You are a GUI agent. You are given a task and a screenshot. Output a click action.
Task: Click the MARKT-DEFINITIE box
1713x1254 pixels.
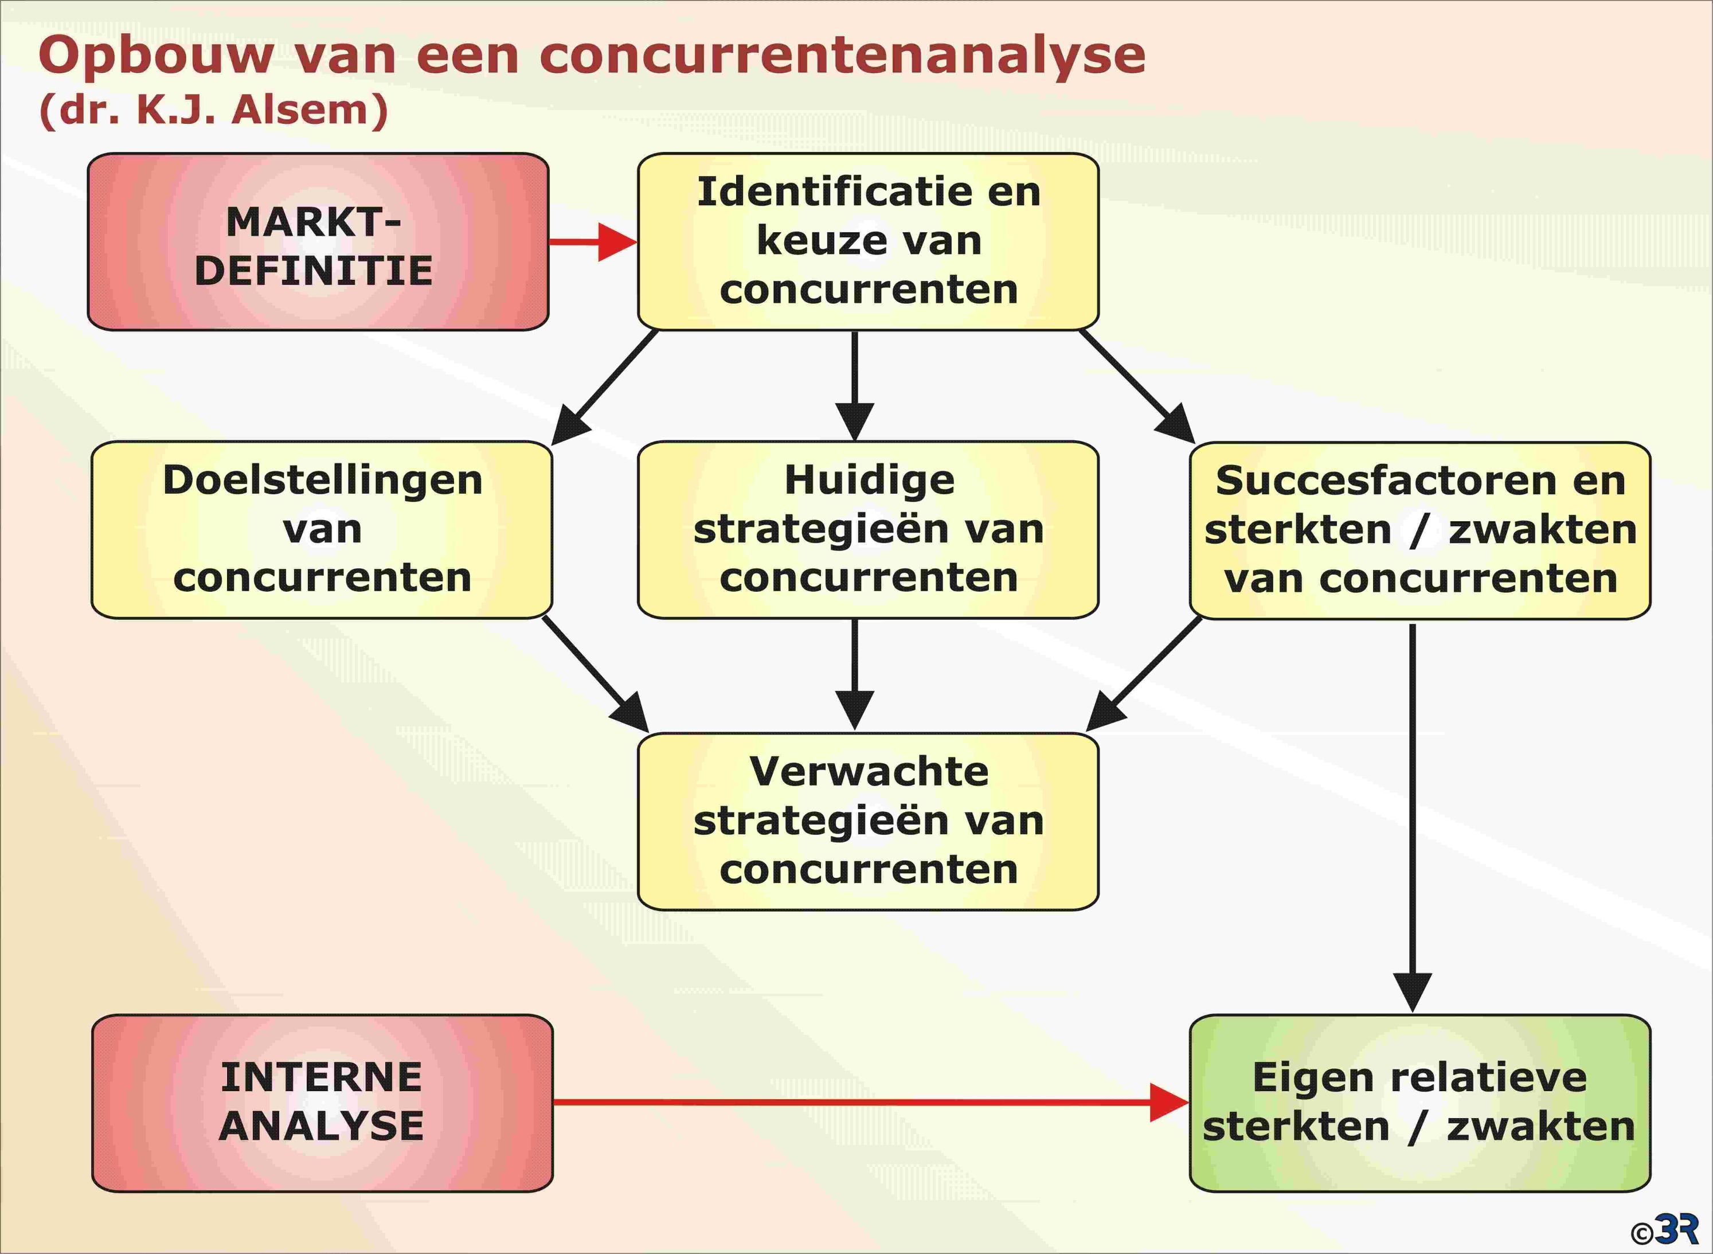[318, 242]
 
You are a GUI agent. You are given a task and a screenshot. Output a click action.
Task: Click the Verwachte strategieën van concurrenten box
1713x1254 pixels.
[869, 821]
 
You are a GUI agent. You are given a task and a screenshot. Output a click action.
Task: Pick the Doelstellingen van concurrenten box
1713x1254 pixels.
[322, 530]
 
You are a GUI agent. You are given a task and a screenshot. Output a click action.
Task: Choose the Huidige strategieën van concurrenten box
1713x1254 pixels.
[869, 530]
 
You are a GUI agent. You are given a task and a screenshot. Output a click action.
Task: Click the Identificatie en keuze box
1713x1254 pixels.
[869, 241]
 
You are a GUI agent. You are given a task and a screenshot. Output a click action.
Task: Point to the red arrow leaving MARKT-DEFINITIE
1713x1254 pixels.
[593, 242]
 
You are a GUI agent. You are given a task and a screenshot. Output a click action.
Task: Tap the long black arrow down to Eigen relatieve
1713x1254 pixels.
[1413, 818]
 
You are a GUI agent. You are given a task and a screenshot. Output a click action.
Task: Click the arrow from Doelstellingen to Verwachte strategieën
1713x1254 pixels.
[596, 675]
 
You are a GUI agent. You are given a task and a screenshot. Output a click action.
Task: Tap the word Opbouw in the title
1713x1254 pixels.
[155, 57]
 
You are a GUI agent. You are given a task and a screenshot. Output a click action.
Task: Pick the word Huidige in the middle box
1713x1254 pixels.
[869, 481]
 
